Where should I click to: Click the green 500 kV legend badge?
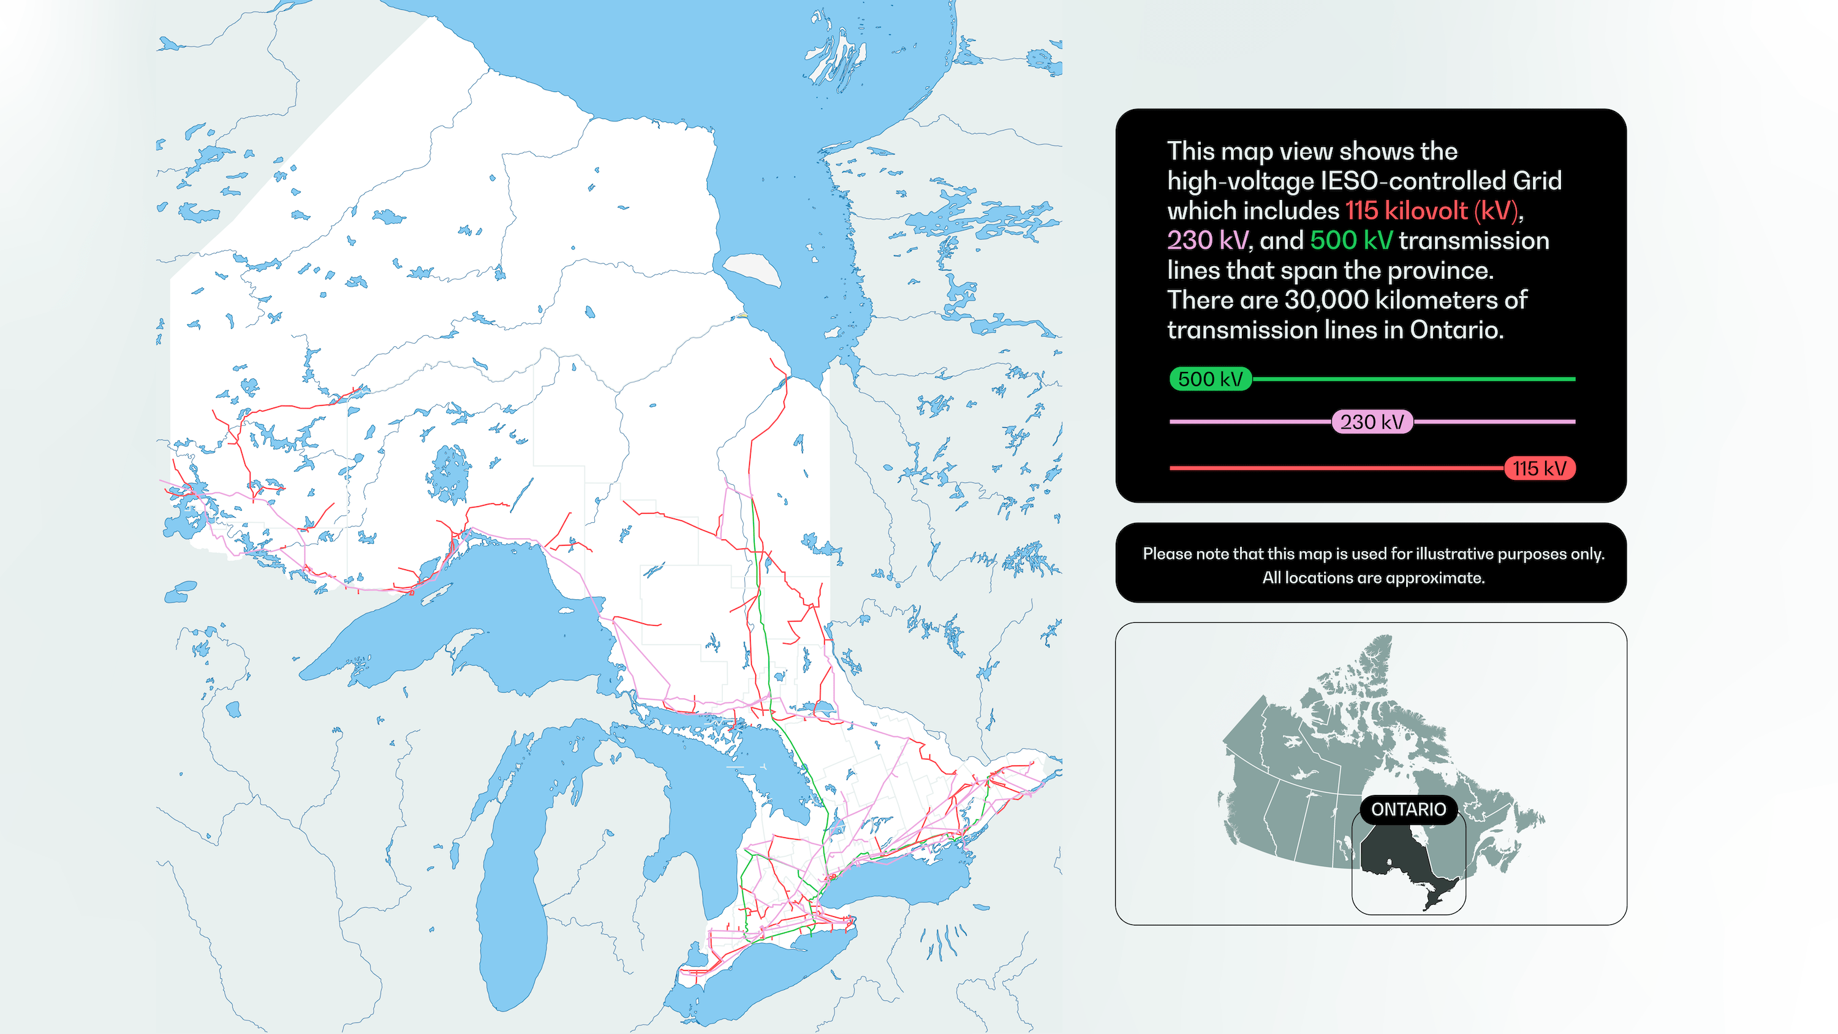(1210, 379)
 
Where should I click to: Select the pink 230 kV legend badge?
(1371, 422)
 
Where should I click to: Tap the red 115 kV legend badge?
(1539, 468)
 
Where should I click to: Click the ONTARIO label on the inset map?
(1408, 809)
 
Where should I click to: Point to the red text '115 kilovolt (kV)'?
(1431, 210)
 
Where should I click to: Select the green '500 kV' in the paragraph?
(1351, 240)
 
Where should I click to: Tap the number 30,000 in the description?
(1326, 300)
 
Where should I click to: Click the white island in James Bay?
(753, 270)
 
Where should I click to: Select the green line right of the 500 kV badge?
(1413, 379)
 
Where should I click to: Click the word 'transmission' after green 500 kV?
(1474, 240)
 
